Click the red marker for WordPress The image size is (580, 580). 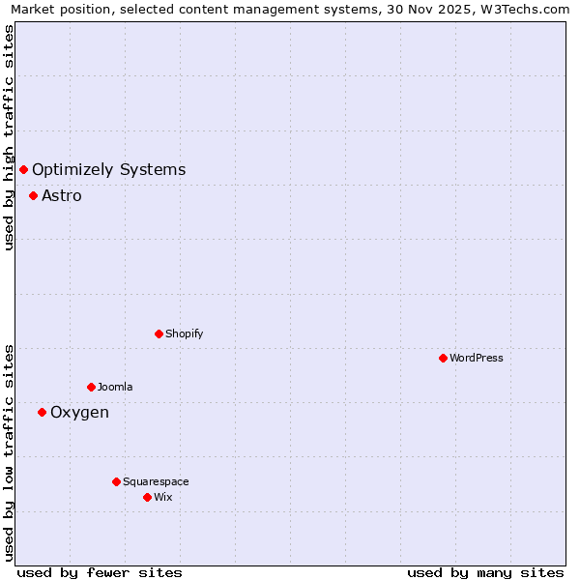pos(443,358)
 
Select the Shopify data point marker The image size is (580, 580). pos(159,333)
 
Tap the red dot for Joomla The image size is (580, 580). pos(91,387)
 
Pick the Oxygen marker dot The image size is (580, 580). pos(42,412)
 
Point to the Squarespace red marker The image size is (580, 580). pos(116,481)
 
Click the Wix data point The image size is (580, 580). pos(147,497)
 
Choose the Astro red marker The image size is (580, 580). pos(33,195)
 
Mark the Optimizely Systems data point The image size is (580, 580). pos(23,170)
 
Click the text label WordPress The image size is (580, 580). pos(477,358)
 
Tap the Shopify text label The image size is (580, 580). pos(185,333)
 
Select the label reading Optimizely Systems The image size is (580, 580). pos(108,170)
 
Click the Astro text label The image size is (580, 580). pos(62,196)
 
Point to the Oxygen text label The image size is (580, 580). pos(79,413)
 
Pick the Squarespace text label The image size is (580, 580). pos(156,481)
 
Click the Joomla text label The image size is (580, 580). pos(115,387)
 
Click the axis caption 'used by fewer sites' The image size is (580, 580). pos(100,572)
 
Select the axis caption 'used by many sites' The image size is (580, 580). pos(485,572)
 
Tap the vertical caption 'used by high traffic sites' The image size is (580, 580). pos(9,137)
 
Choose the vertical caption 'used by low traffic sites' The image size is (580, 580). pos(9,452)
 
